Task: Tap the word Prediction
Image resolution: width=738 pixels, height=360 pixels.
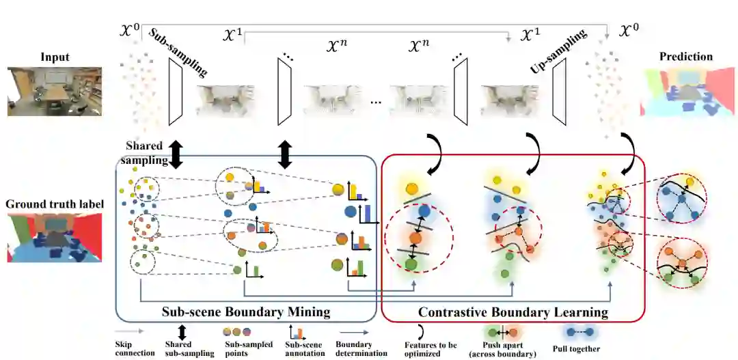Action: click(685, 57)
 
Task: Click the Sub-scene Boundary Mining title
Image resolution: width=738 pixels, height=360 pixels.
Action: click(245, 312)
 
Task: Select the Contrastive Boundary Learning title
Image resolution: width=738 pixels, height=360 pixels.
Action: click(513, 312)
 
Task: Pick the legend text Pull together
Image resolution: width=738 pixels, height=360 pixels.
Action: click(577, 348)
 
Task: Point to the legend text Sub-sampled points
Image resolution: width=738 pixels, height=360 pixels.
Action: click(245, 349)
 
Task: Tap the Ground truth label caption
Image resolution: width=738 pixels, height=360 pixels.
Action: click(54, 204)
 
